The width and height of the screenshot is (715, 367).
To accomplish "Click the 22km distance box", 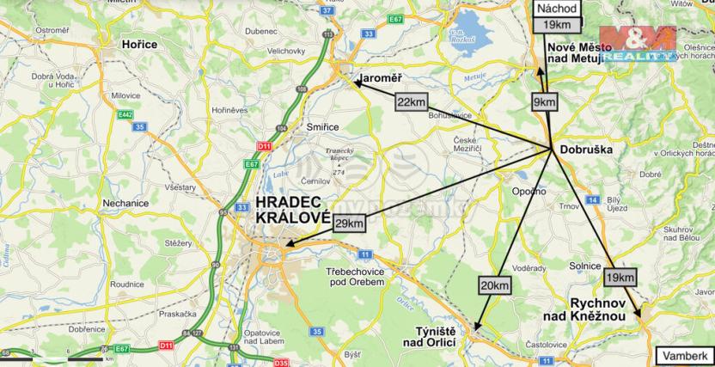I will (412, 101).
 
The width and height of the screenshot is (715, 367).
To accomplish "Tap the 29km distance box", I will (348, 223).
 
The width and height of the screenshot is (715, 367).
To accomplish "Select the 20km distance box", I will (495, 285).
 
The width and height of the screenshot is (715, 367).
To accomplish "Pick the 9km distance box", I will (545, 102).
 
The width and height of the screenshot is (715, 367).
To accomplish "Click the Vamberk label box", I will (685, 355).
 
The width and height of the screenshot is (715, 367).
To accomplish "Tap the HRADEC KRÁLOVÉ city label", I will (293, 211).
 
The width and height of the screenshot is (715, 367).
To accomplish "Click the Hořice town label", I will (139, 44).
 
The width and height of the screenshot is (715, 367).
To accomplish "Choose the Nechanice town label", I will (125, 204).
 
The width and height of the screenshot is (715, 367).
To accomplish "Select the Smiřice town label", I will (321, 126).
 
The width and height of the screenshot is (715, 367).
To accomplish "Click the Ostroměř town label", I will (28, 31).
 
